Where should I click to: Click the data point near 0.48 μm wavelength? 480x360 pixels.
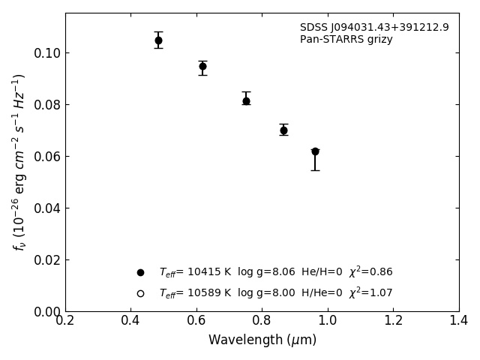point(158,40)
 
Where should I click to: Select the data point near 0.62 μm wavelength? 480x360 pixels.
point(202,66)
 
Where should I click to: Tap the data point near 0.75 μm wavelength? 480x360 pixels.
point(246,100)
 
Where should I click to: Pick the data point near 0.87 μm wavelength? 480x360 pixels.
point(283,130)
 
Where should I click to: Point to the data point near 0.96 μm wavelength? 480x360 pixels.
point(315,151)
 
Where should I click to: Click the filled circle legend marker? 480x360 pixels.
point(140,272)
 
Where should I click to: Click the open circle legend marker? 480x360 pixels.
point(140,293)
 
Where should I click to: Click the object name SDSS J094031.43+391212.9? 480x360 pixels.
point(374,28)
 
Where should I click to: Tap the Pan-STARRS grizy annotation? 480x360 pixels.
point(346,40)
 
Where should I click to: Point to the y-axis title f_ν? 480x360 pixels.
point(19,162)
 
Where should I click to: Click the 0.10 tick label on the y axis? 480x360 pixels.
point(47,53)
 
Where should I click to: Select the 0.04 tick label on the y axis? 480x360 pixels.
point(47,208)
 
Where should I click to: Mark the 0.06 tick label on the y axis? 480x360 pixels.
point(47,157)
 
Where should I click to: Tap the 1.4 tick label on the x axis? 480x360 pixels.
point(458,321)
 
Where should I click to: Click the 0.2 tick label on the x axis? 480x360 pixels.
point(65,321)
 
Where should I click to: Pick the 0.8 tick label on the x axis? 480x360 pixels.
point(262,321)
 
